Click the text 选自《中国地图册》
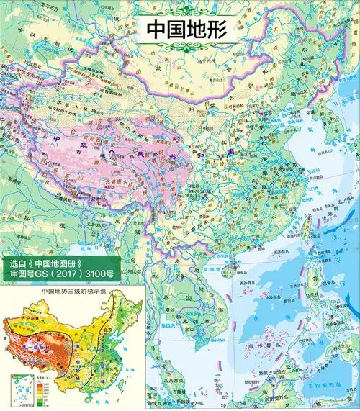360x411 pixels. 49,263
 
